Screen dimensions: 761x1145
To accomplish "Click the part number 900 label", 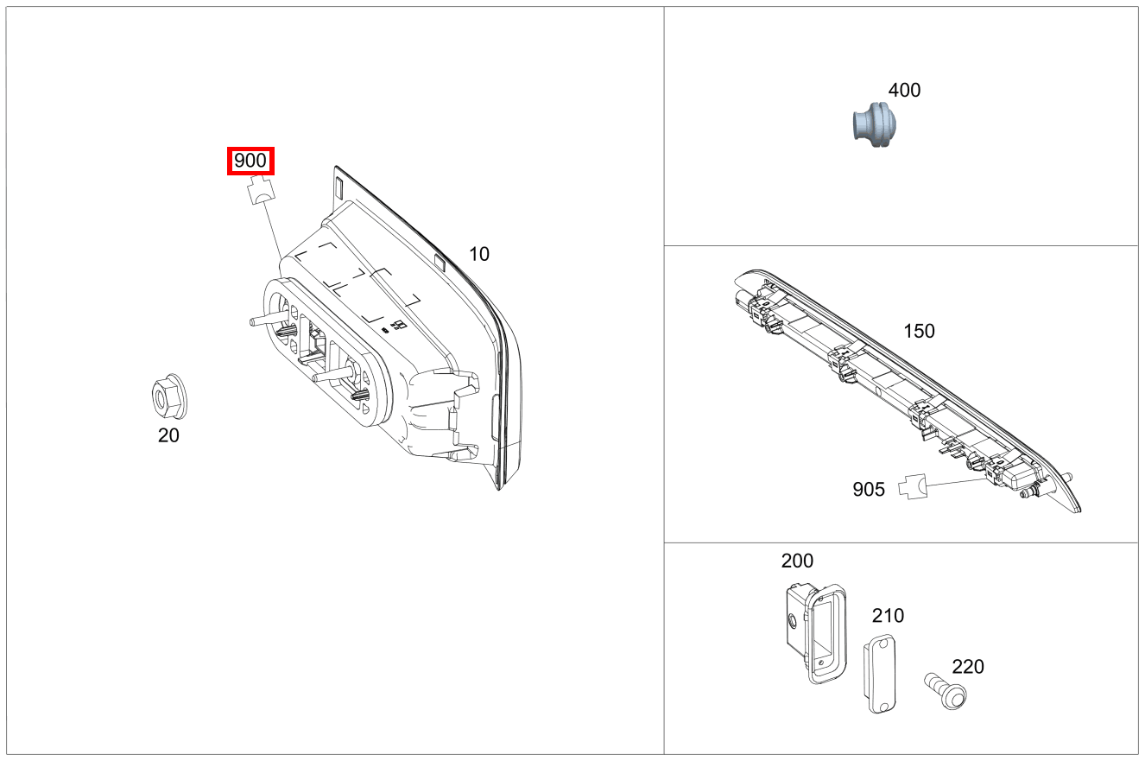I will point(250,161).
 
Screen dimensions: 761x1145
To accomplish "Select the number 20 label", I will point(168,435).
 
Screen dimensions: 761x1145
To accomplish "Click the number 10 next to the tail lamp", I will point(479,254).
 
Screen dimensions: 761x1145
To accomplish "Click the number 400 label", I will point(904,90).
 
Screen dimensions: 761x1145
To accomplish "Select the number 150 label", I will point(919,331).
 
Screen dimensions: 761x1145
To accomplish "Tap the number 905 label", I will point(869,490).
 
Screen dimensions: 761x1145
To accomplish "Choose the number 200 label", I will point(797,561).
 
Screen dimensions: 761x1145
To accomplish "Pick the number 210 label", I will point(888,616).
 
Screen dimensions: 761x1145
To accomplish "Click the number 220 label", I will point(968,667).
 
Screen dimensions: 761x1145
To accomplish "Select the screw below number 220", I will point(946,691).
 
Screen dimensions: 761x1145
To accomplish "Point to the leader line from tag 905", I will point(954,482).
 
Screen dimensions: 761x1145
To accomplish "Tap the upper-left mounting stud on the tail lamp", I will point(259,320).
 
